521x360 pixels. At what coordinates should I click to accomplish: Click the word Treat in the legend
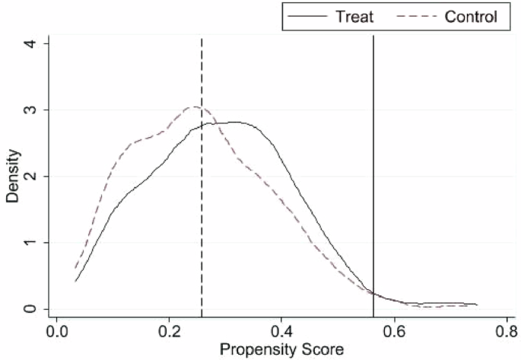(x=354, y=17)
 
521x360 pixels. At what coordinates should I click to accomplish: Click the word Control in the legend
(x=471, y=17)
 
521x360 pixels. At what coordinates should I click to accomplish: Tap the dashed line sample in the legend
(x=414, y=17)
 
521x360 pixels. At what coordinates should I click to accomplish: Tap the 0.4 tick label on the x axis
(x=281, y=332)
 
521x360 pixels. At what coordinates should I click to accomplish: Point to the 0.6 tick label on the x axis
(x=394, y=332)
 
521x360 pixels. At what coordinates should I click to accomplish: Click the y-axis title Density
(x=13, y=177)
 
